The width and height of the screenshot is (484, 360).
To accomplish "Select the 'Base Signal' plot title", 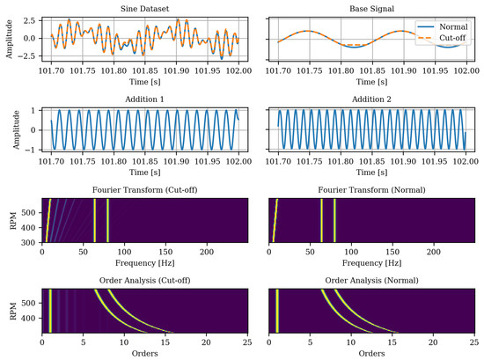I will (x=370, y=8).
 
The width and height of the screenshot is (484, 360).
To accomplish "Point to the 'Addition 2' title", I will (x=370, y=99).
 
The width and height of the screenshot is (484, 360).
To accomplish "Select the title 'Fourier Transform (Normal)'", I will (x=370, y=189).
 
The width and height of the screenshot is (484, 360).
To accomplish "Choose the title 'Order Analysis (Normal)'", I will (x=370, y=280).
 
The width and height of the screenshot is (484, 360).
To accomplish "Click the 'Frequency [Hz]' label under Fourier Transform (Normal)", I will (x=370, y=261).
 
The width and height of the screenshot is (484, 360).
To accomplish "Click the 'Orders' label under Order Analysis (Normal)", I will (x=370, y=352).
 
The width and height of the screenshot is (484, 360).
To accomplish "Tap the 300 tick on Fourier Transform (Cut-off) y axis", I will (x=29, y=240).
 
